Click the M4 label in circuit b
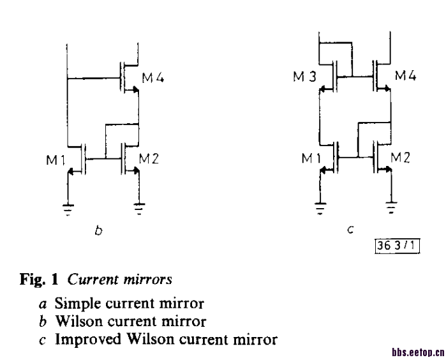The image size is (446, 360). (152, 77)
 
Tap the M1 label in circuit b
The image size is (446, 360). (56, 160)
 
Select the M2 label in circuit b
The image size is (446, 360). (149, 158)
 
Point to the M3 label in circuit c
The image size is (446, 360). (304, 76)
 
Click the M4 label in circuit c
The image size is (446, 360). (406, 75)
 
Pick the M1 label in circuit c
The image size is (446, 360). (311, 158)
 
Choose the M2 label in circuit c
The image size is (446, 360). (400, 157)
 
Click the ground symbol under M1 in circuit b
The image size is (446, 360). (68, 209)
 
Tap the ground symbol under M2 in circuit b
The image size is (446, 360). (139, 209)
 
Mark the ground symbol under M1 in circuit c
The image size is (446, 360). (320, 208)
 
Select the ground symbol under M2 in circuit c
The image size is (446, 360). (391, 207)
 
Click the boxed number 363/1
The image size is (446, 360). (397, 246)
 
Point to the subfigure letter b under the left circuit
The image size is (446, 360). (98, 230)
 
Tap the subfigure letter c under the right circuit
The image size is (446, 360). (350, 229)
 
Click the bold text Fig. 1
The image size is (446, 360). (39, 279)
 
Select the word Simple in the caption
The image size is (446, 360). (78, 304)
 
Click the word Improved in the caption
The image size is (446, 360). (88, 339)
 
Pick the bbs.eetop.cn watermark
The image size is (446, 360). (419, 352)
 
